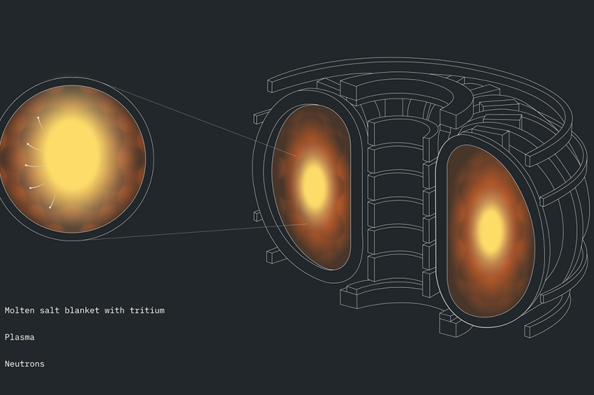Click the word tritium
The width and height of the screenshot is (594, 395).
(147, 310)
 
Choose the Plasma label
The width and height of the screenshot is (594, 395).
(19, 337)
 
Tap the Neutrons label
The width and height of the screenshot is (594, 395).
(24, 364)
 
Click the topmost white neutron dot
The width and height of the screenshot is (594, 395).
(38, 118)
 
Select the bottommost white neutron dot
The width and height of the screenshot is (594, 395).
(50, 208)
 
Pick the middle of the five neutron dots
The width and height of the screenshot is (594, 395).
(26, 165)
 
